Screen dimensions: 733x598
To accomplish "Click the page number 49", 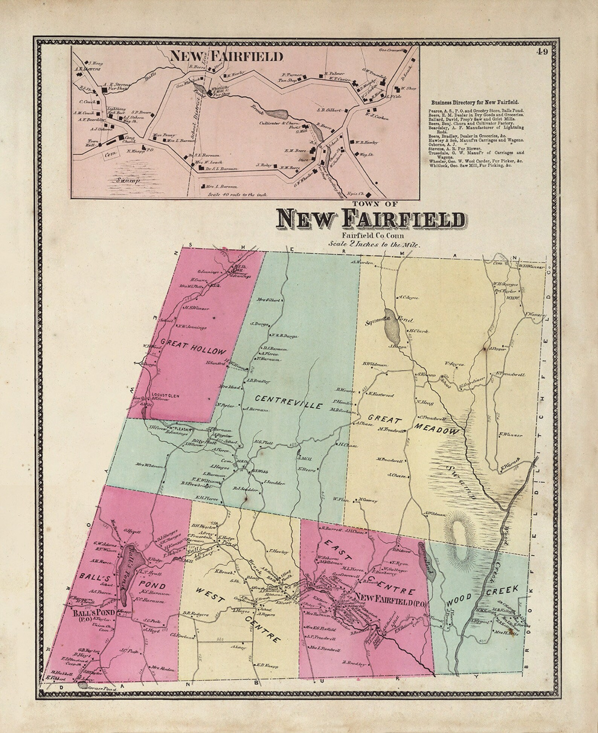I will [543, 52].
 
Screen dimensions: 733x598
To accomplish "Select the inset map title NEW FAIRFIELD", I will [226, 56].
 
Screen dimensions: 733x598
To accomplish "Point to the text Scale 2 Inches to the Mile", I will [374, 244].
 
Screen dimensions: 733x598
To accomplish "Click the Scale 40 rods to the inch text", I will [238, 195].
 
